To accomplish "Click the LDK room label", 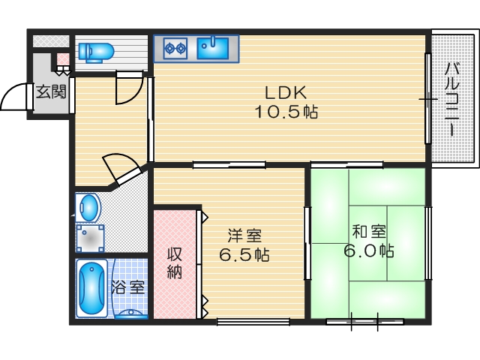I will [x=284, y=94].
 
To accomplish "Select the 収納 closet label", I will [x=175, y=262].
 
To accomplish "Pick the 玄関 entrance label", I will [x=51, y=93].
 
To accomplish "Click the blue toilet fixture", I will [x=96, y=51].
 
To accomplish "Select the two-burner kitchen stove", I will [x=175, y=49].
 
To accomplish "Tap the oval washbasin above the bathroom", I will [x=89, y=206].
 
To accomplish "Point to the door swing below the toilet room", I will [x=128, y=88].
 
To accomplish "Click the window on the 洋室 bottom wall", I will [x=253, y=322].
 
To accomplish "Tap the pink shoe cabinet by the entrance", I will [x=63, y=59].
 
